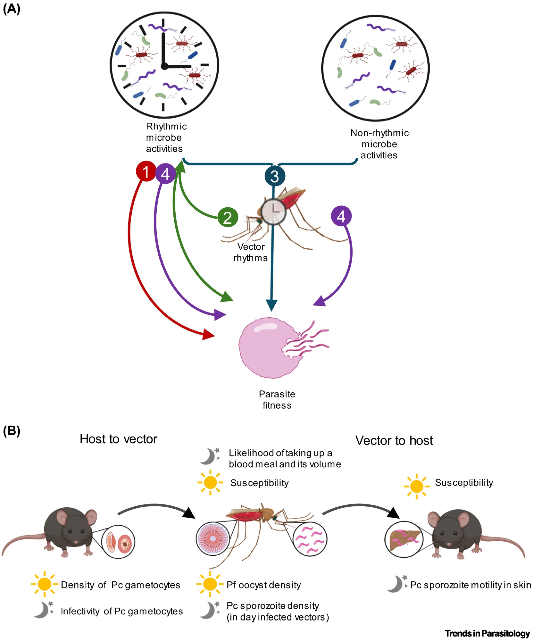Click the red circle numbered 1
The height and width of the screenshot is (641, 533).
146,171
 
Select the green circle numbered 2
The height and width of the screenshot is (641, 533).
228,217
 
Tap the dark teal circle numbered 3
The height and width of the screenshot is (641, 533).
275,176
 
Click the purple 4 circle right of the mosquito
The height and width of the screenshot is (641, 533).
341,216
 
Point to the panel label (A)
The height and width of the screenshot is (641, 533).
12,9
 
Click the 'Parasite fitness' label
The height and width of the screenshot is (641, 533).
277,400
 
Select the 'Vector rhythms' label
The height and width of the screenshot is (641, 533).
251,252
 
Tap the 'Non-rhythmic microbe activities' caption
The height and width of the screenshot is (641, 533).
379,144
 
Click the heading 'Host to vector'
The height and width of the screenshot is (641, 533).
118,439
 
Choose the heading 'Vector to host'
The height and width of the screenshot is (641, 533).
394,440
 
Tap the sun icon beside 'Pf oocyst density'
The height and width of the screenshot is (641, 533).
210,584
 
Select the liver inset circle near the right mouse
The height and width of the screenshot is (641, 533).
404,539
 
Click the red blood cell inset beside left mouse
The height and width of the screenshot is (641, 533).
118,542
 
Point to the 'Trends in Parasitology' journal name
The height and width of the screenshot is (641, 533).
487,633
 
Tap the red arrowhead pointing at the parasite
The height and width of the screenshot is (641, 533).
208,335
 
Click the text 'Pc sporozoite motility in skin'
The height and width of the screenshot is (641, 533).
470,585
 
